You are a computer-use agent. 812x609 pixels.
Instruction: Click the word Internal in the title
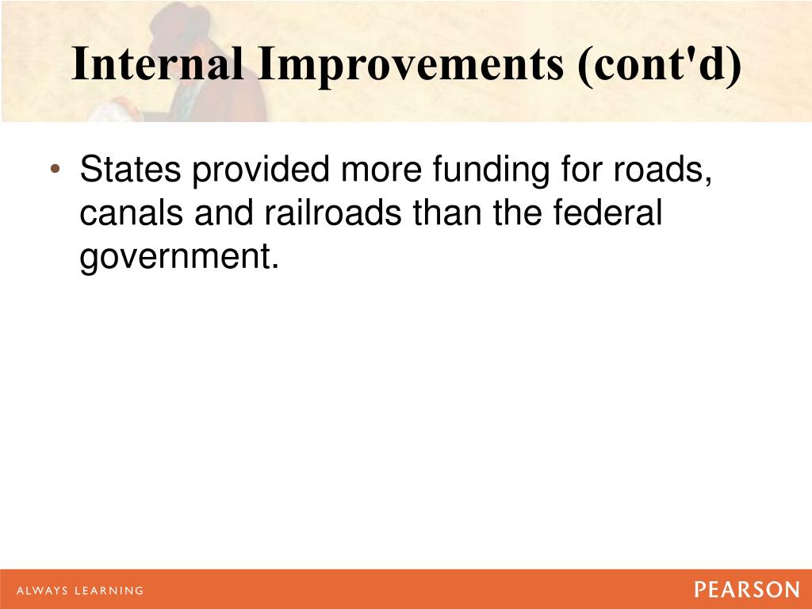pos(157,64)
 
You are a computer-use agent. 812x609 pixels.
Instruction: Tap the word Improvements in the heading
pos(408,64)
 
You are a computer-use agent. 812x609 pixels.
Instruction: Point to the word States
pos(130,171)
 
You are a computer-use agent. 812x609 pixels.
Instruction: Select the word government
pos(179,258)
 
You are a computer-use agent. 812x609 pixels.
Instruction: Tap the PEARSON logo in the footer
pos(747,590)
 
